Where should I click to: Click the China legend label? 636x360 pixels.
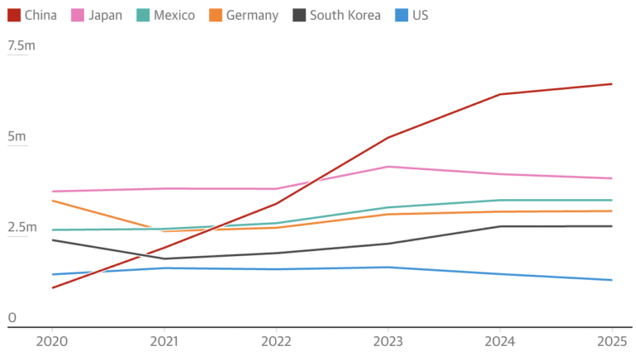[x=40, y=15]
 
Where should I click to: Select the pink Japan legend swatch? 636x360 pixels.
[x=78, y=15]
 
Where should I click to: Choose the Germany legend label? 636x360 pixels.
[x=252, y=15]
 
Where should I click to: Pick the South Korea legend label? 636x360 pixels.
[x=345, y=15]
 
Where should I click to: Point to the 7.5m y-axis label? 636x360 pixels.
[x=21, y=46]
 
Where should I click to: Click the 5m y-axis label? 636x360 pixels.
[x=17, y=136]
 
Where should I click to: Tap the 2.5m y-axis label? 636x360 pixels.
[x=22, y=227]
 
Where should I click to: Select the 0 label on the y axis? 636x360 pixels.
[x=12, y=318]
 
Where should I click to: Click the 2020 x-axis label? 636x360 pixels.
[x=52, y=340]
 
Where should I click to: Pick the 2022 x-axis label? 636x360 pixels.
[x=276, y=340]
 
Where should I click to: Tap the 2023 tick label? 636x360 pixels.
[x=388, y=340]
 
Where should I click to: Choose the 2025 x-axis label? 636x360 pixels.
[x=612, y=340]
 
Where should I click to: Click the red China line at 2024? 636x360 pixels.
[x=500, y=94]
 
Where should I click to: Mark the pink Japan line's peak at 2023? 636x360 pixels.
[x=388, y=167]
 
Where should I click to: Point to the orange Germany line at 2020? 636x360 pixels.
[x=53, y=201]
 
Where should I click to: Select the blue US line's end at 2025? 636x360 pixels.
[x=612, y=280]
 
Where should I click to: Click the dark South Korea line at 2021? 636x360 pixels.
[x=164, y=258]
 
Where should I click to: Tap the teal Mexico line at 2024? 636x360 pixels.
[x=500, y=200]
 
